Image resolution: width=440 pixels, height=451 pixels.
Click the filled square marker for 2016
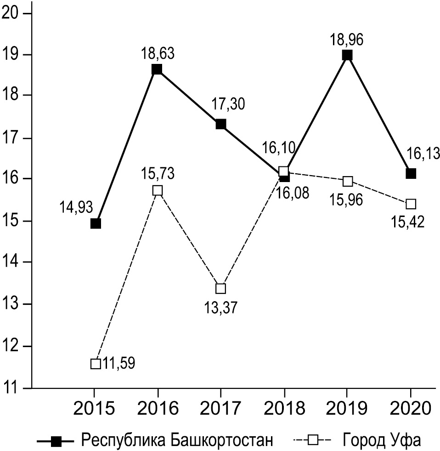click(157, 69)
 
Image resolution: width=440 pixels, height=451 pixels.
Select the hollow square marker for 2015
click(96, 364)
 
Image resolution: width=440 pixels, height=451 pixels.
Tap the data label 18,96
click(347, 40)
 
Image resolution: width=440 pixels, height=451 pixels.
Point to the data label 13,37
click(221, 307)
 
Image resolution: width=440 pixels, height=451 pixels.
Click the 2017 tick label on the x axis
click(221, 408)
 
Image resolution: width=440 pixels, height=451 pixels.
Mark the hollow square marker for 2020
click(411, 204)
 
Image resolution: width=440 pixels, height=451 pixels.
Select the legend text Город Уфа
click(381, 440)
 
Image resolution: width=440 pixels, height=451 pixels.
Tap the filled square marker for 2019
click(347, 55)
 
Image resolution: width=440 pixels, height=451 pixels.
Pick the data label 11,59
click(118, 364)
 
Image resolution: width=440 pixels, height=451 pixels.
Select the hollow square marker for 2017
click(221, 289)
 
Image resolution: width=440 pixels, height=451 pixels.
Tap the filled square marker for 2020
click(411, 174)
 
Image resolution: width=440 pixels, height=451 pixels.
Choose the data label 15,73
click(158, 174)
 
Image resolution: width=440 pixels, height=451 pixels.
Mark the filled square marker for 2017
click(221, 124)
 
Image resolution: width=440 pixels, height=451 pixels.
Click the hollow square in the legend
click(313, 440)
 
